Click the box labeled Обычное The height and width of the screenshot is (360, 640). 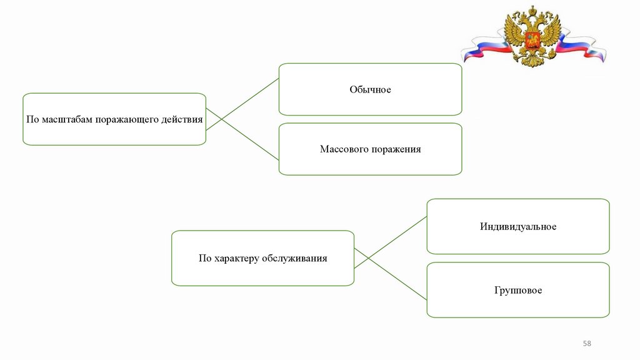pos(370,89)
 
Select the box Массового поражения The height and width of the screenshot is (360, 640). pos(370,149)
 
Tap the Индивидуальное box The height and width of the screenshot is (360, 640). pos(518,226)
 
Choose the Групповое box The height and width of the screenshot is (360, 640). pos(518,290)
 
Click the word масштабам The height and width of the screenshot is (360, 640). pos(66,119)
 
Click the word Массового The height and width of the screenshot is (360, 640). pos(342,149)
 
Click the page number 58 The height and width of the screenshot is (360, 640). pos(587,344)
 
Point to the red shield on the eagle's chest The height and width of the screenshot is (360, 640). pos(532,42)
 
